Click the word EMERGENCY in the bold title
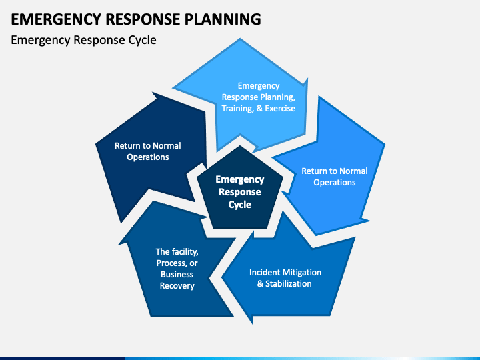pos(56,19)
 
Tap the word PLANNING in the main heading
pos(223,19)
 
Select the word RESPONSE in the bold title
pos(143,19)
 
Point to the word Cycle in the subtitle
pos(142,41)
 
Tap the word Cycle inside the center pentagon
pos(240,205)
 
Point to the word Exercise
pos(280,109)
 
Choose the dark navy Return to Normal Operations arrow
pos(150,153)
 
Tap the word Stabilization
pos(289,284)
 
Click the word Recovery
pos(177,286)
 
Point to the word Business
pos(177,274)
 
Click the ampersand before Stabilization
pos(260,284)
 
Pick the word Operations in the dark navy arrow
pos(148,157)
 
